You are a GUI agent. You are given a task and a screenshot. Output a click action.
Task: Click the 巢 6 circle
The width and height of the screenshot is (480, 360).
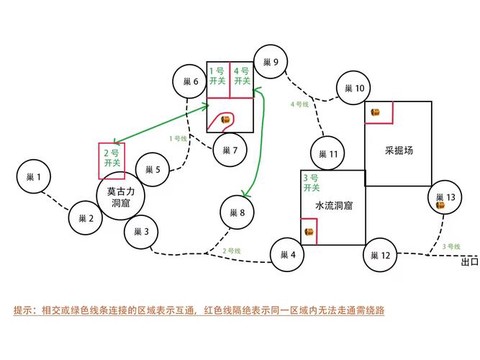188,81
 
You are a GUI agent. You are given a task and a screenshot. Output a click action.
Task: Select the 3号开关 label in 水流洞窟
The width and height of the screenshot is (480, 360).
311,182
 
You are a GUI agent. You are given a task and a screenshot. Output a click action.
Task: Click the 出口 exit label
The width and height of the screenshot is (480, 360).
468,263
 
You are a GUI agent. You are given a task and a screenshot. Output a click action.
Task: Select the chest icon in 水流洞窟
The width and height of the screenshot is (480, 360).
309,233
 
